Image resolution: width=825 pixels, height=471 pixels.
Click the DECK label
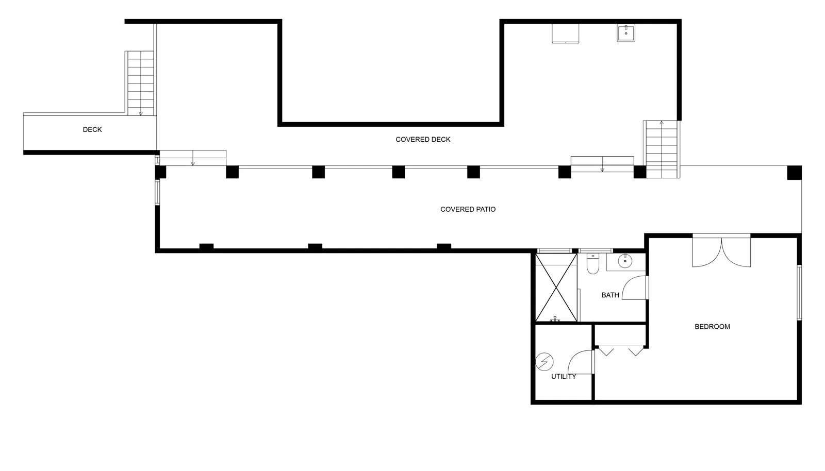click(x=92, y=129)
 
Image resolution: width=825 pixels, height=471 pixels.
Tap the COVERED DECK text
click(x=423, y=140)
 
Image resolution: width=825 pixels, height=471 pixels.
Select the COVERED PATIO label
click(x=468, y=209)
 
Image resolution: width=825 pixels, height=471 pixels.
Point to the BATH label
click(x=610, y=295)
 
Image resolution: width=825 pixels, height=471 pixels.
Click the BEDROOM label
click(x=712, y=327)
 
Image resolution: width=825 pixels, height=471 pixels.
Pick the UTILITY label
click(x=564, y=376)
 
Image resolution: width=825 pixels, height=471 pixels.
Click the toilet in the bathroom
click(x=592, y=263)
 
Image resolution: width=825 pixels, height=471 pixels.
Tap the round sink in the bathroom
click(x=625, y=261)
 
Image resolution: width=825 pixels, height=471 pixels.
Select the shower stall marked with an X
click(x=556, y=288)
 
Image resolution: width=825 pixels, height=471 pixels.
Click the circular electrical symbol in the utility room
click(x=544, y=362)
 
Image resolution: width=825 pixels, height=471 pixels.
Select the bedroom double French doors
click(x=721, y=252)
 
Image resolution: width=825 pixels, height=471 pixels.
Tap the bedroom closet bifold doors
click(x=621, y=351)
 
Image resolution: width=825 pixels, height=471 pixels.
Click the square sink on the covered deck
click(x=626, y=33)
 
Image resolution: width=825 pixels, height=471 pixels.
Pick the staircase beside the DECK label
click(x=140, y=83)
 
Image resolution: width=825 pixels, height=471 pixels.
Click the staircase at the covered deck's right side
click(x=662, y=149)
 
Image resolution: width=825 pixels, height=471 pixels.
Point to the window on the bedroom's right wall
click(x=799, y=293)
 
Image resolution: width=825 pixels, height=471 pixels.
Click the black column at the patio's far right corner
click(x=794, y=173)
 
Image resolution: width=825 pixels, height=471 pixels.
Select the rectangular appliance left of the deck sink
click(x=565, y=33)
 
